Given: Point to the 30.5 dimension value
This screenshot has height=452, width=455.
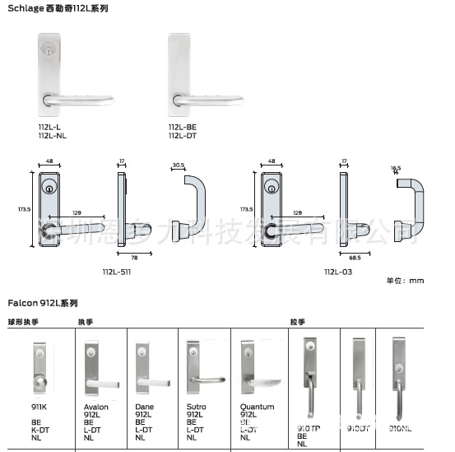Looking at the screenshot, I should [178, 164].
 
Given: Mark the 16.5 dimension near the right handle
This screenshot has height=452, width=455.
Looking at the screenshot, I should [396, 168].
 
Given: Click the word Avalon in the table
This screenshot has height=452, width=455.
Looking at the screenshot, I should [95, 407].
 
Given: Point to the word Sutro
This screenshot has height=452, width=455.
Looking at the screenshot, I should [195, 407].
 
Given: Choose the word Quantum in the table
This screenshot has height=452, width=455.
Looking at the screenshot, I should [255, 407].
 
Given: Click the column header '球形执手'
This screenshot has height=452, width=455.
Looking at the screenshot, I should [24, 322].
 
